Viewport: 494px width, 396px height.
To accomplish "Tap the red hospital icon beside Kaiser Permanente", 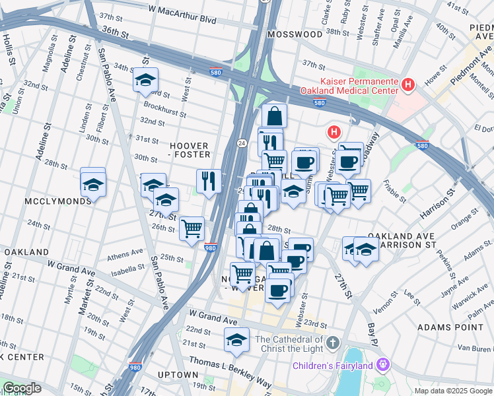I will [408, 84].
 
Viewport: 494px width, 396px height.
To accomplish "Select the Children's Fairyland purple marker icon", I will [383, 364].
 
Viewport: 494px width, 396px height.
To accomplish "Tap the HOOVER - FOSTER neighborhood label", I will [190, 150].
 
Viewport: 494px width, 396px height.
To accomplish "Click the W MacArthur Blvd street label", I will [182, 10].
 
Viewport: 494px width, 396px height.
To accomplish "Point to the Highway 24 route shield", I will [242, 143].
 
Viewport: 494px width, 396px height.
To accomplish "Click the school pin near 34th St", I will [145, 81].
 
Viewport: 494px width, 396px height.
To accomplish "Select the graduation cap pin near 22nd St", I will [236, 340].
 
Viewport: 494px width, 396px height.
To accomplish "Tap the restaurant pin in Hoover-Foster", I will [209, 180].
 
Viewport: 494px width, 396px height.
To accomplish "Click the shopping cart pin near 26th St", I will [192, 229].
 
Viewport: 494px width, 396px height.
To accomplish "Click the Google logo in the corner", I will [22, 388].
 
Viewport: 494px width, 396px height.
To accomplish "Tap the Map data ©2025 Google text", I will [452, 391].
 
